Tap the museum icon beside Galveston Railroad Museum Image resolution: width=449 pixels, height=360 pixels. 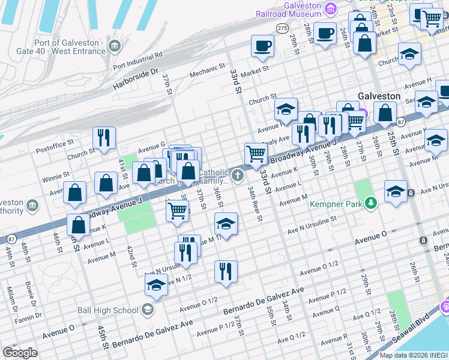(x=331, y=8)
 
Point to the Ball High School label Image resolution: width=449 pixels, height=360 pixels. (x=108, y=310)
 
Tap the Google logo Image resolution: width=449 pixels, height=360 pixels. (x=20, y=353)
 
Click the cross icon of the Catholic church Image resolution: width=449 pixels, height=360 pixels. (x=238, y=176)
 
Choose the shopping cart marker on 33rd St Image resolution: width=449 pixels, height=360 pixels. (x=256, y=154)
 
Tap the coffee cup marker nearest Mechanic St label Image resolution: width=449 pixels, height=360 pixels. (x=263, y=46)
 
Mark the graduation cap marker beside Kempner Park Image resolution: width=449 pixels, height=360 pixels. (x=395, y=191)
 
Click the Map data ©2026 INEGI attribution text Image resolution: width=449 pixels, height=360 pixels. (x=414, y=355)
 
